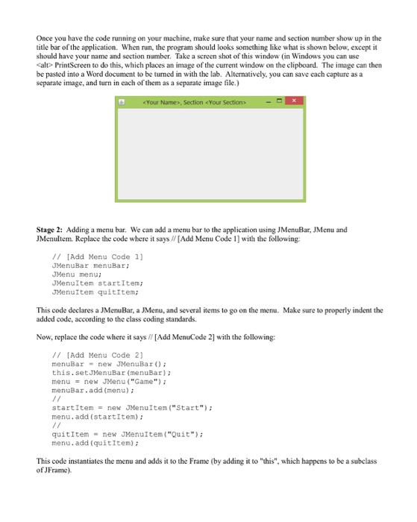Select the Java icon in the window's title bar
click(122, 101)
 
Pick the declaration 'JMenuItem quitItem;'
click(93, 292)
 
